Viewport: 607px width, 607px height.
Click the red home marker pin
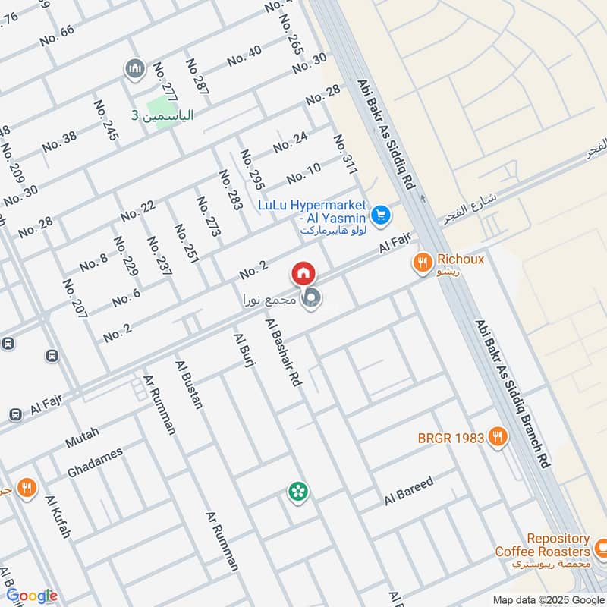[303, 273]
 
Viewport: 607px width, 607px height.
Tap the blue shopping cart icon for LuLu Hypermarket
[382, 216]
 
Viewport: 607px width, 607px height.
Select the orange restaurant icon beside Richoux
[422, 264]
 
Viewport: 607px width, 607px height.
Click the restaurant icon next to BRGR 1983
[498, 437]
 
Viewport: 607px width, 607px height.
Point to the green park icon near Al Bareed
[297, 492]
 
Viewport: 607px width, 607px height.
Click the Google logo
[31, 596]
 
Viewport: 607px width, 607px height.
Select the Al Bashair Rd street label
[284, 354]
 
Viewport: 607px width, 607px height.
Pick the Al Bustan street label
[189, 385]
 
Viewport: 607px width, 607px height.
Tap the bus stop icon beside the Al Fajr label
[14, 414]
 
